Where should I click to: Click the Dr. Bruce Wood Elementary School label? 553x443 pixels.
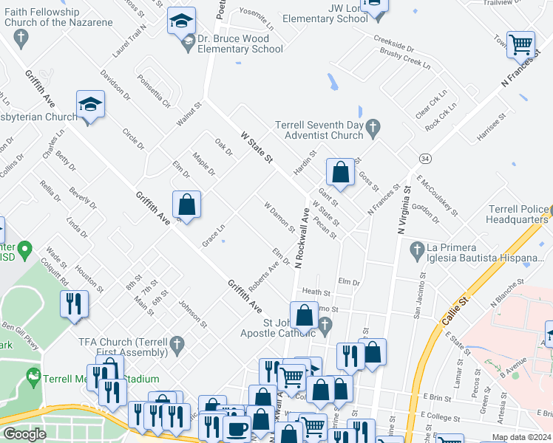coord(240,44)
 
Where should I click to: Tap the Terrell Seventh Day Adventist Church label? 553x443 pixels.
coord(319,130)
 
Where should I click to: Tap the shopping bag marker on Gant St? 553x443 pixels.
coord(339,173)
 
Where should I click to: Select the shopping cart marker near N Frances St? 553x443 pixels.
coord(520,44)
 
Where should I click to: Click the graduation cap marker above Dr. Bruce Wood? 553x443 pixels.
coord(180,22)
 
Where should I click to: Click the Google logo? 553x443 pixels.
coord(25,434)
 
